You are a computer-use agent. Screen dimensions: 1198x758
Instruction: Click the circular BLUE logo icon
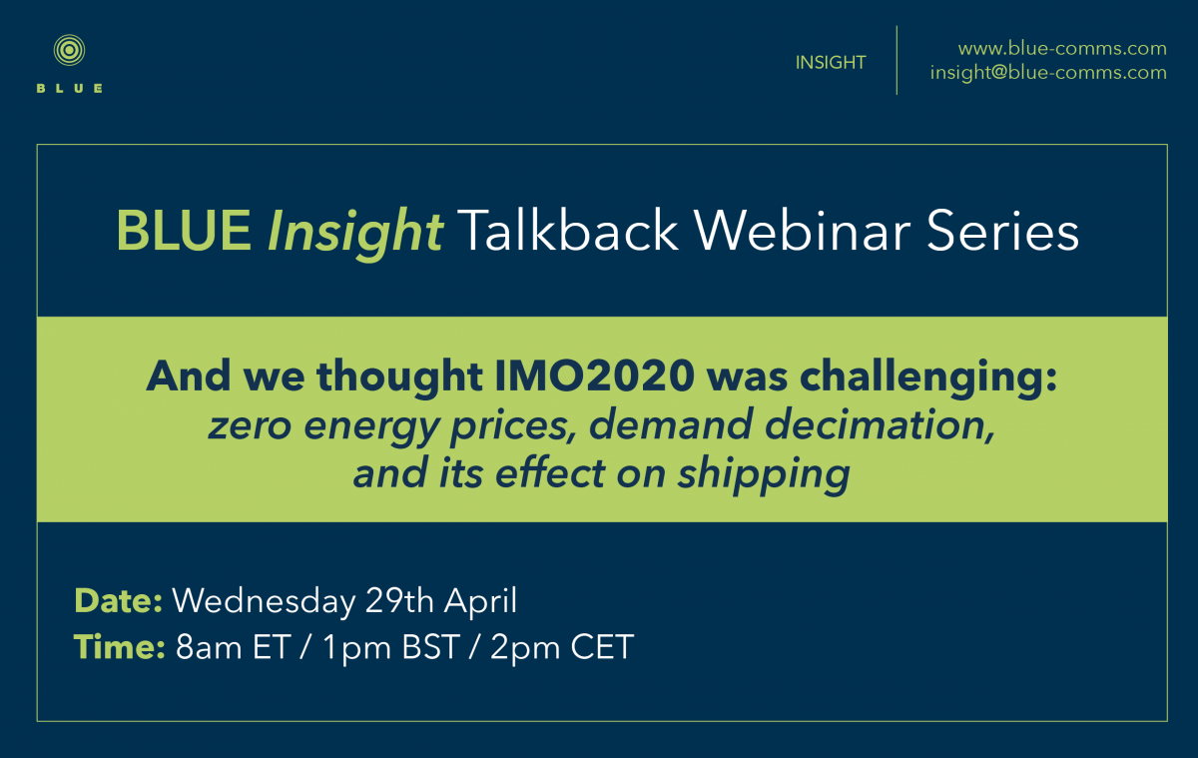69,50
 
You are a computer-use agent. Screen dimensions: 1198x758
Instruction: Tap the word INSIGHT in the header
830,63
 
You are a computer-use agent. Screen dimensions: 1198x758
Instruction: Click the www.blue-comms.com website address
1062,48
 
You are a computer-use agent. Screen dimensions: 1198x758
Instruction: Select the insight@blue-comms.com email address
1048,73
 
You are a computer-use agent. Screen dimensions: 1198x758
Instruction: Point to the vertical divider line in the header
897,60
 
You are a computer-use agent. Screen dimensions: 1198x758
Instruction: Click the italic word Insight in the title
355,231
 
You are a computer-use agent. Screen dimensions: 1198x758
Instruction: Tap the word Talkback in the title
567,230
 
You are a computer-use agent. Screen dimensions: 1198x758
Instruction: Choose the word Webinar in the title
803,230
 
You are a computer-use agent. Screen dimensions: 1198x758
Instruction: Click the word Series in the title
1002,230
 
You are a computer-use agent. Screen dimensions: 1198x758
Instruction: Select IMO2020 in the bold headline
594,376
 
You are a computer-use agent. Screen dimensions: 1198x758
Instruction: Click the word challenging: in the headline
927,378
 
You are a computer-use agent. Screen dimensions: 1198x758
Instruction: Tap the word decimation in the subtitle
880,424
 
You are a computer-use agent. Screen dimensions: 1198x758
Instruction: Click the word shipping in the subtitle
764,474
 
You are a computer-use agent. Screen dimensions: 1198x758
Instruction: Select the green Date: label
118,601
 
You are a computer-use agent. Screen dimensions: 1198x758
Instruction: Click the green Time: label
119,647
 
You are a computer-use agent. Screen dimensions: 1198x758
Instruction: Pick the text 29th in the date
399,601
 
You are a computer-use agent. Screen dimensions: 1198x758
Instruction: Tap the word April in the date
480,602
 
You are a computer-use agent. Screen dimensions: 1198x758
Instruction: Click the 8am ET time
234,647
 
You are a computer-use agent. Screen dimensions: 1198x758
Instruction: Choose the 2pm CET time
561,648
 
